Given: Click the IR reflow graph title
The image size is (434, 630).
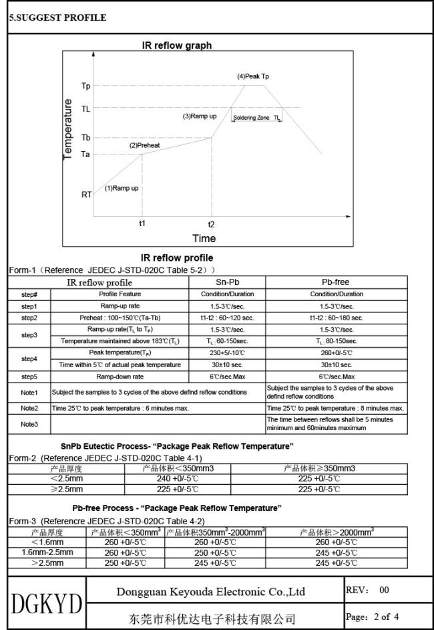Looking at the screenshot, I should point(177,45).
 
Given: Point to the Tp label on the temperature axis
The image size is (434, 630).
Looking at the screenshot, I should point(85,86).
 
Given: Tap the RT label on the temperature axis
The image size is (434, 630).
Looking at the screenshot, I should point(86,195).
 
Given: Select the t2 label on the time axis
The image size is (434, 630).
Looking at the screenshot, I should point(211,224).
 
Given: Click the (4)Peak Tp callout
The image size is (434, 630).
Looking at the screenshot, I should point(253,76).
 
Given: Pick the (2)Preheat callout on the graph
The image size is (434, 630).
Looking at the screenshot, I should point(144,145).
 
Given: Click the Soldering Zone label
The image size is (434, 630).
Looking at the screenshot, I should point(251,118).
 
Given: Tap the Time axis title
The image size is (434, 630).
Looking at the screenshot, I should point(204,238).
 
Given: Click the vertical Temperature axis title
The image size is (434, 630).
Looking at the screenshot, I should point(67,129).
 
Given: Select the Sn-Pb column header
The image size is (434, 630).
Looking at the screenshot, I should point(228,282).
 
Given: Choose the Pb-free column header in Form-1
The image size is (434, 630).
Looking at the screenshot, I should point(336,282).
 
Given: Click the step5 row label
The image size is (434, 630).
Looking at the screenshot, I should point(29,377).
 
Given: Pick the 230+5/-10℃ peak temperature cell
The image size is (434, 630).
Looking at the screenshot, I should point(228,352).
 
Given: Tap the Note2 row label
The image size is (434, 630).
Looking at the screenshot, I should point(29,407).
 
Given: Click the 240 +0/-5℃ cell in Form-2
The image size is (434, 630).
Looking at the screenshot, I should point(177,478).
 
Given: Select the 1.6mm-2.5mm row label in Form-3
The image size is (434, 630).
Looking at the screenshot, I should point(47,552).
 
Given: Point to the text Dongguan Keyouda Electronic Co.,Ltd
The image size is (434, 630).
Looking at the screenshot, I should point(210,591).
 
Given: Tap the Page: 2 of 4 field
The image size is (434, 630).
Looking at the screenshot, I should point(374,616).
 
